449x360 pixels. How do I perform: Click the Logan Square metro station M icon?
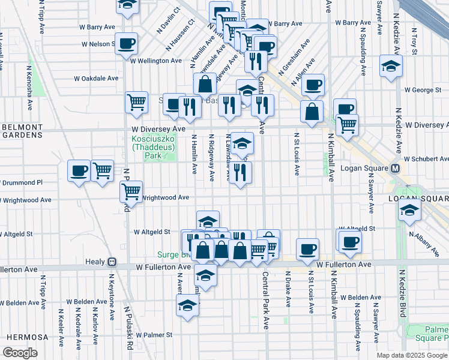(x=396, y=169)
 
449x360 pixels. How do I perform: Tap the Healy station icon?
(x=111, y=262)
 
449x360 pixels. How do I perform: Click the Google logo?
(x=20, y=353)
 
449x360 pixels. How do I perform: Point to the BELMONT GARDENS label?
(x=20, y=131)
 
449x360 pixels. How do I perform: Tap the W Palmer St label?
(x=154, y=335)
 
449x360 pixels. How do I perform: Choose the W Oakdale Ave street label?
(x=96, y=78)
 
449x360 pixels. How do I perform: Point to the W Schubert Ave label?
(x=426, y=159)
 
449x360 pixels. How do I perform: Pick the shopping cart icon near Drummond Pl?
(x=103, y=170)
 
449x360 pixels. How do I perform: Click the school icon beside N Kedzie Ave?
(x=391, y=65)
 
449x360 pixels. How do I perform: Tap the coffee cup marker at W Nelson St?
(x=127, y=43)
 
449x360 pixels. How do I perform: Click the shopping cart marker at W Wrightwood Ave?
(x=131, y=192)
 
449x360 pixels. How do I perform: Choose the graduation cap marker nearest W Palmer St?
(x=187, y=305)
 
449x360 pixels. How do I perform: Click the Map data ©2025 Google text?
(x=412, y=355)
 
